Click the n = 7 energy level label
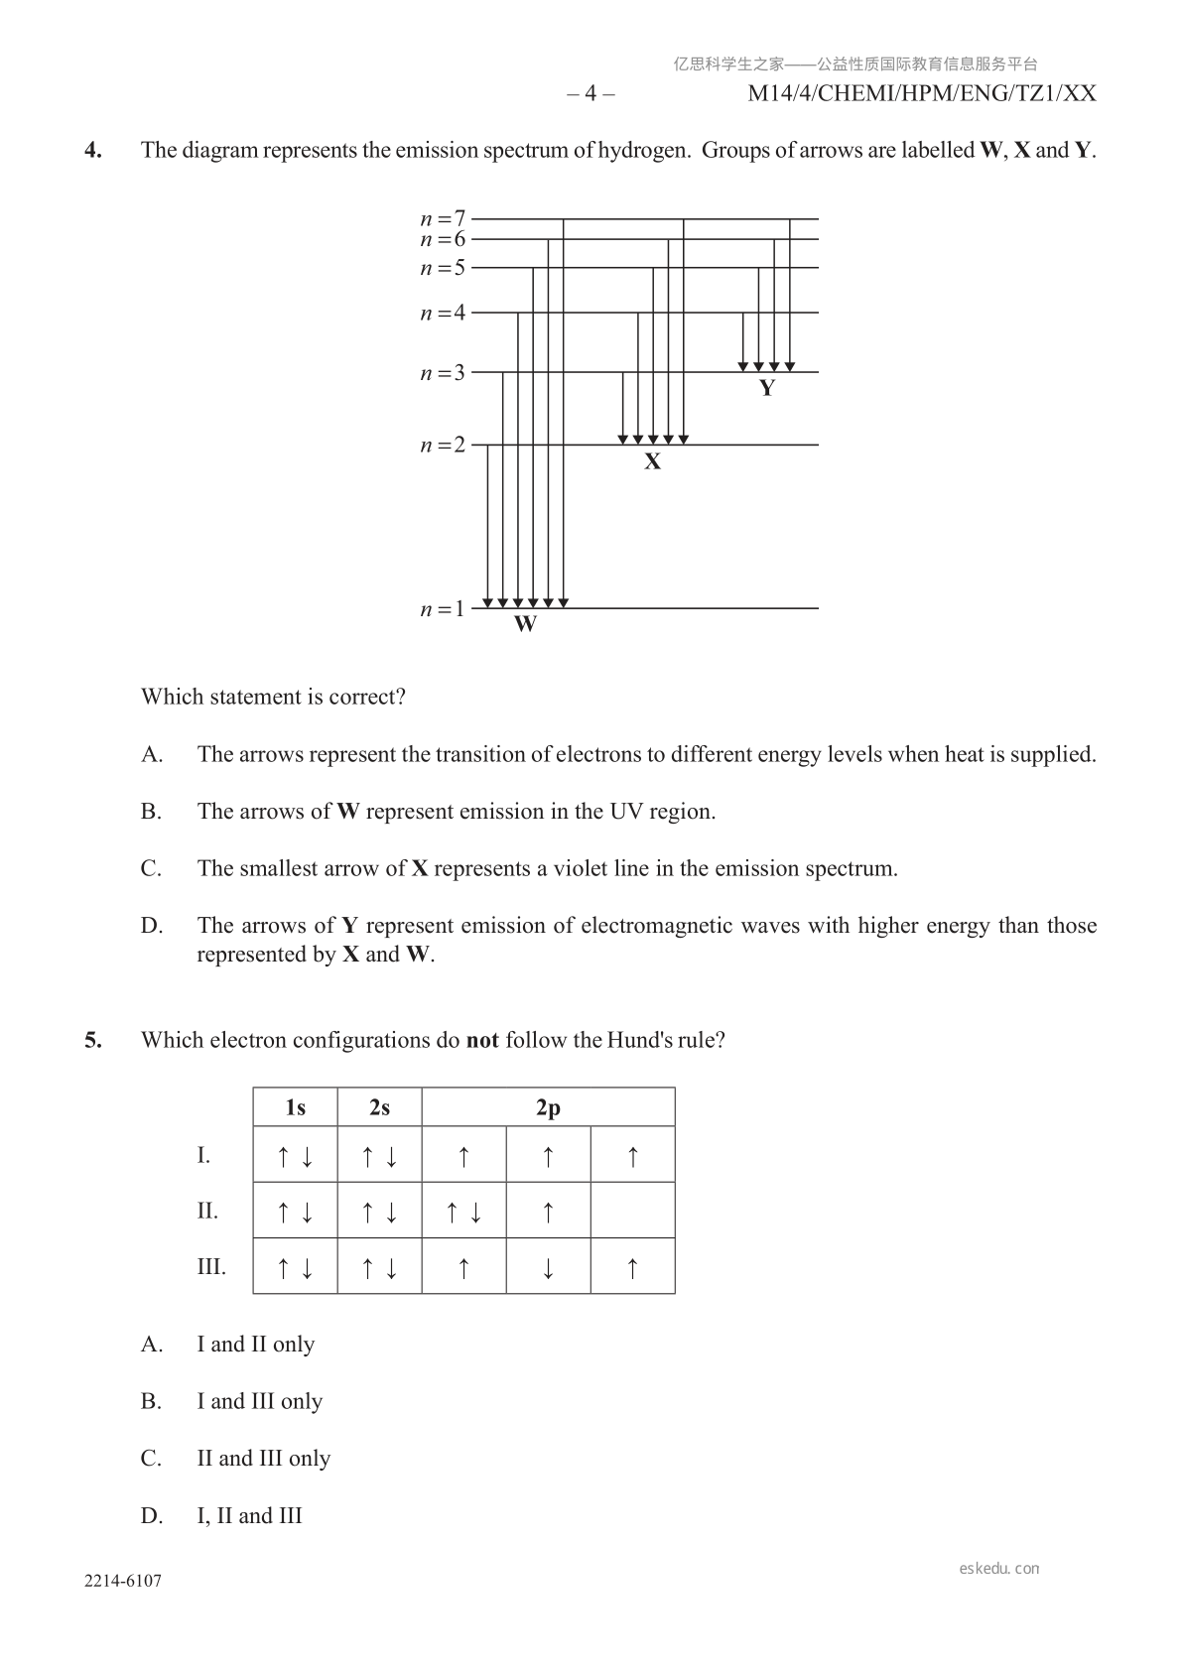click(x=443, y=217)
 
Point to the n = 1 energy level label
click(x=443, y=609)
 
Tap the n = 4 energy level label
click(x=443, y=314)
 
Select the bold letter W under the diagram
click(x=526, y=625)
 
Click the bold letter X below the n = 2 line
click(x=652, y=462)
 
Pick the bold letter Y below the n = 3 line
click(x=766, y=389)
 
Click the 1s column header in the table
click(x=296, y=1107)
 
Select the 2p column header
click(x=548, y=1107)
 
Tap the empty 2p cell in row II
click(x=632, y=1211)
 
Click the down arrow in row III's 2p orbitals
click(x=548, y=1267)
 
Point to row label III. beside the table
click(x=211, y=1267)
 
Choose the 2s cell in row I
click(x=379, y=1155)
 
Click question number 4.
click(x=92, y=151)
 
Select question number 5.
click(x=92, y=1041)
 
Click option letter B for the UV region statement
click(x=151, y=812)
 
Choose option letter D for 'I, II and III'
click(x=151, y=1516)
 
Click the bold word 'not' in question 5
click(x=482, y=1041)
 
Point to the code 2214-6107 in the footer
click(x=122, y=1582)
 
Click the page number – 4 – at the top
click(x=591, y=94)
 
